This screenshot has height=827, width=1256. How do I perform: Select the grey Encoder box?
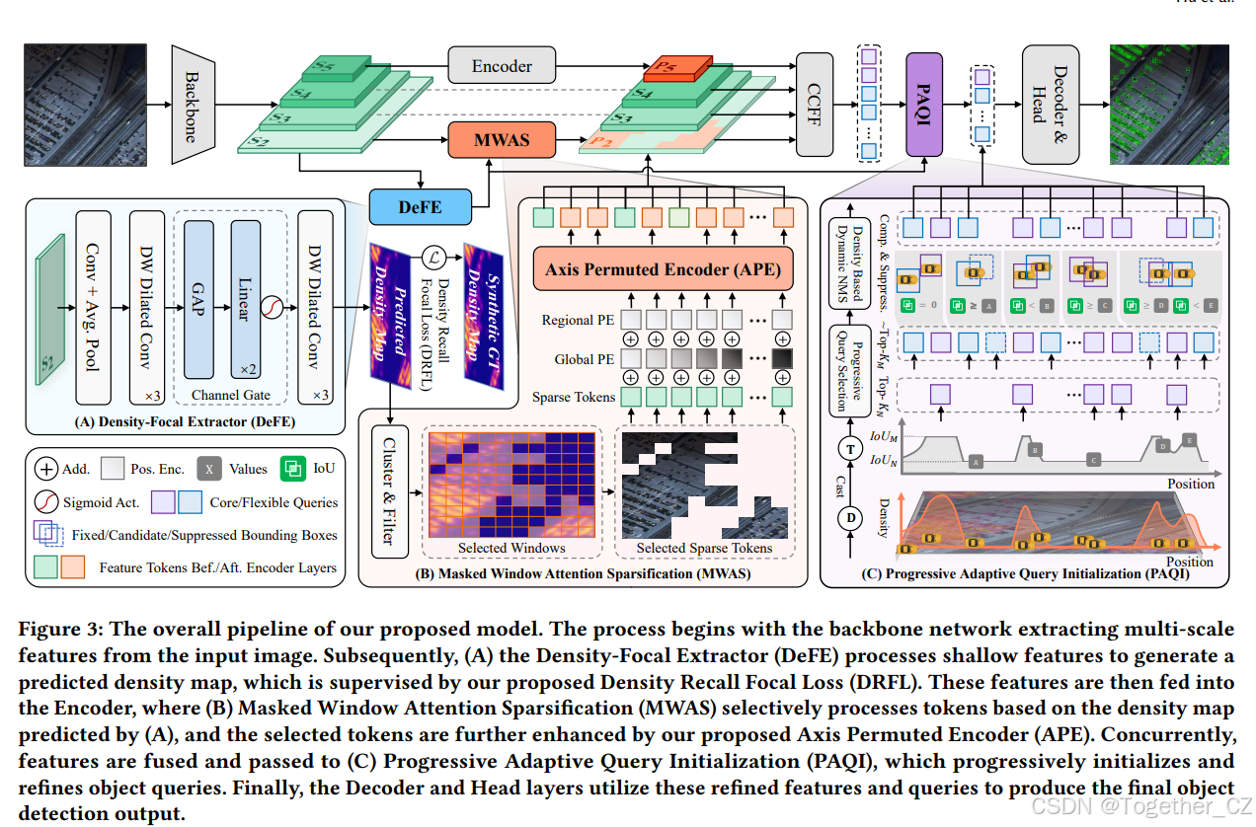502,66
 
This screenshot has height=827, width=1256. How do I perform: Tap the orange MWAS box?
502,140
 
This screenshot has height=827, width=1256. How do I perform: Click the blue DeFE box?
420,207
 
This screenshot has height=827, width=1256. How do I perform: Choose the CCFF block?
815,104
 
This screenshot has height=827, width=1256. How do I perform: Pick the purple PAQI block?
924,105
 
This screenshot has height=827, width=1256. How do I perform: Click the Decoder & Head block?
1049,104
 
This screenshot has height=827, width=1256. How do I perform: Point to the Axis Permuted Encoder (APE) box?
657,268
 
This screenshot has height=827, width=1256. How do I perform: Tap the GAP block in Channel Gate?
198,311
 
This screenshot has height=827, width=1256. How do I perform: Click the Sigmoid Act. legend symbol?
45,502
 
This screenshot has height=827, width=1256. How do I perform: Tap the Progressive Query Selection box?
845,370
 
